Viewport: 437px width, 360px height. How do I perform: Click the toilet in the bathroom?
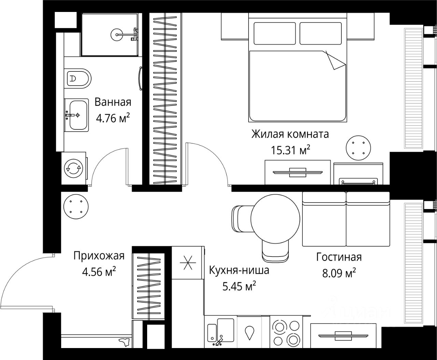pyautogui.click(x=77, y=79)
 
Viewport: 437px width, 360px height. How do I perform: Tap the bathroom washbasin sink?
pyautogui.click(x=76, y=115)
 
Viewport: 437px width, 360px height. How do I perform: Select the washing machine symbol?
pyautogui.click(x=74, y=168)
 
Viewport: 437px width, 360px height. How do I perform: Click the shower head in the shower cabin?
pyautogui.click(x=116, y=34)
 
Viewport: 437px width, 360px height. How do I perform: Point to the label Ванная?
pyautogui.click(x=113, y=102)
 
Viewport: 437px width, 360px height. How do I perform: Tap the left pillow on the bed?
pyautogui.click(x=274, y=33)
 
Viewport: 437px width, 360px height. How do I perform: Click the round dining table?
pyautogui.click(x=276, y=219)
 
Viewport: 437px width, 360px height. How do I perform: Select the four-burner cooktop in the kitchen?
pyautogui.click(x=286, y=335)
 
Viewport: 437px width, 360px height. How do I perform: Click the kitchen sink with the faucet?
pyautogui.click(x=221, y=335)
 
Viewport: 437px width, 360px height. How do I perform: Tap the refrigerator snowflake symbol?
pyautogui.click(x=188, y=263)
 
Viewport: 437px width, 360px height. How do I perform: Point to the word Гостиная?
pyautogui.click(x=339, y=257)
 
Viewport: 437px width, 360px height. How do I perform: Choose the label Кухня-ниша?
pyautogui.click(x=239, y=271)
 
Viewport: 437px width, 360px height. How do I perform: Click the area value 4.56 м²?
pyautogui.click(x=99, y=272)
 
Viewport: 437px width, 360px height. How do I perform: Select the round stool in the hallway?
pyautogui.click(x=76, y=207)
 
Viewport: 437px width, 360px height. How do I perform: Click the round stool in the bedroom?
pyautogui.click(x=358, y=148)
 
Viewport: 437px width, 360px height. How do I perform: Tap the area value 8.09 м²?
pyautogui.click(x=339, y=273)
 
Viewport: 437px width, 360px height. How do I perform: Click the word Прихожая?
pyautogui.click(x=99, y=256)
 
